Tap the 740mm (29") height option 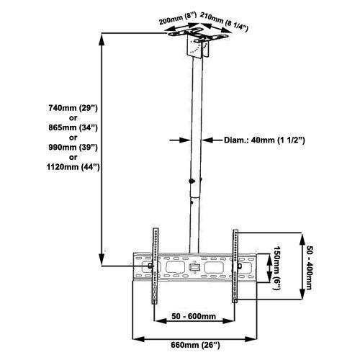[69, 107]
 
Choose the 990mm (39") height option [69, 147]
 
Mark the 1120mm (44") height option [69, 167]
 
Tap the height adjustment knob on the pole [191, 180]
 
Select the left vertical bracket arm [153, 266]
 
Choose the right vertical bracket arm [235, 266]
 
